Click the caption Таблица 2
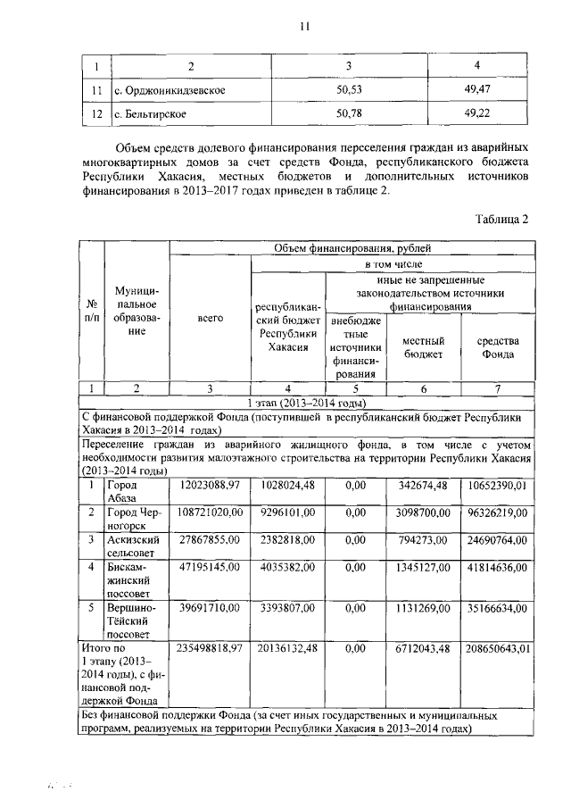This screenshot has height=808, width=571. pos(502,221)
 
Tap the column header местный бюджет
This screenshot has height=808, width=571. pos(422,347)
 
